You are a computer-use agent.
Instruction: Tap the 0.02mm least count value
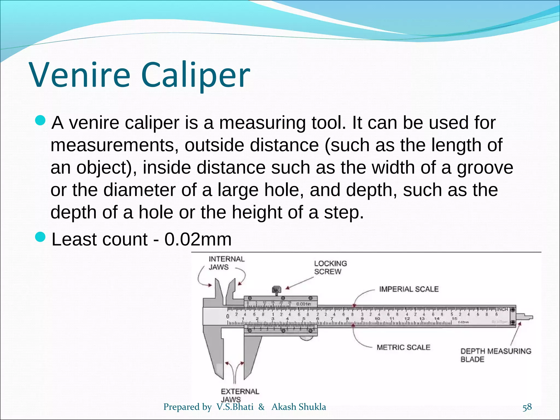(x=198, y=239)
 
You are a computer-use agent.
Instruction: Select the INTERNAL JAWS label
(x=226, y=263)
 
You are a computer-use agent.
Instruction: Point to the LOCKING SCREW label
(x=330, y=267)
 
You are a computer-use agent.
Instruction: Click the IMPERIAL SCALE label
(x=409, y=289)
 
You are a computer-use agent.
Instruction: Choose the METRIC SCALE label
(x=403, y=347)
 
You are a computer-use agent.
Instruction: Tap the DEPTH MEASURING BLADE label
(x=495, y=355)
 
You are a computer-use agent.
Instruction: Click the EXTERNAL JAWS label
(x=240, y=395)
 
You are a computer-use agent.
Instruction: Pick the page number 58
(x=527, y=407)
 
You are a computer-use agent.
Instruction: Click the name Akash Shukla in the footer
(x=299, y=407)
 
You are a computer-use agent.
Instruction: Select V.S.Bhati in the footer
(x=235, y=407)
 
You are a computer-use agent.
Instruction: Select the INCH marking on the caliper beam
(x=502, y=309)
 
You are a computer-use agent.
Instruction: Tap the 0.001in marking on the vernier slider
(x=304, y=304)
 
